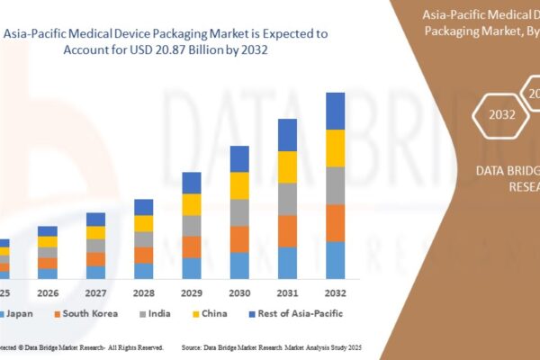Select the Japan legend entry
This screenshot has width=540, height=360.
(x=19, y=314)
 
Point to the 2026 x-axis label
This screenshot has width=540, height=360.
(x=48, y=292)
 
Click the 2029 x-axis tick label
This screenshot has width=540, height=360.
(x=192, y=292)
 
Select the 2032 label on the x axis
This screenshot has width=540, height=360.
(x=335, y=292)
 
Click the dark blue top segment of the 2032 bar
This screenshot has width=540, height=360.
(x=335, y=111)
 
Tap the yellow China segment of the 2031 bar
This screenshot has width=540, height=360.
(x=287, y=166)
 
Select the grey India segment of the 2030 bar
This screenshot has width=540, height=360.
(x=239, y=212)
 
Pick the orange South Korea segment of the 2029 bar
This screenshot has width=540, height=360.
(x=192, y=247)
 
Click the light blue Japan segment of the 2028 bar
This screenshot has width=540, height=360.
(x=144, y=270)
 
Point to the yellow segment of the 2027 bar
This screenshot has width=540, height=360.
(x=95, y=232)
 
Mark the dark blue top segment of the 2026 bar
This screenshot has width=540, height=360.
(x=48, y=231)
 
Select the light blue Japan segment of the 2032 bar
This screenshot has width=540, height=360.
(x=335, y=259)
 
